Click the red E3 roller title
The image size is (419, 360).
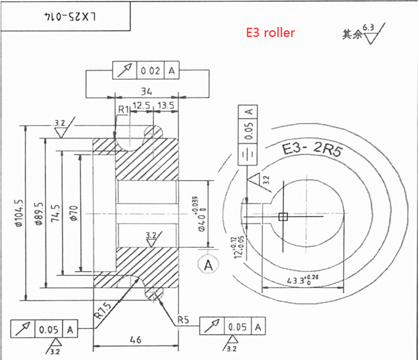pos(270,32)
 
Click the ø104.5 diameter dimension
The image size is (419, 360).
pos(19,212)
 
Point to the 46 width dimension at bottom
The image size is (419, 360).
pos(136,340)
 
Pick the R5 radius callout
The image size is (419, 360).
pos(184,320)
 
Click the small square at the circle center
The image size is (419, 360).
pos(283,216)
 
